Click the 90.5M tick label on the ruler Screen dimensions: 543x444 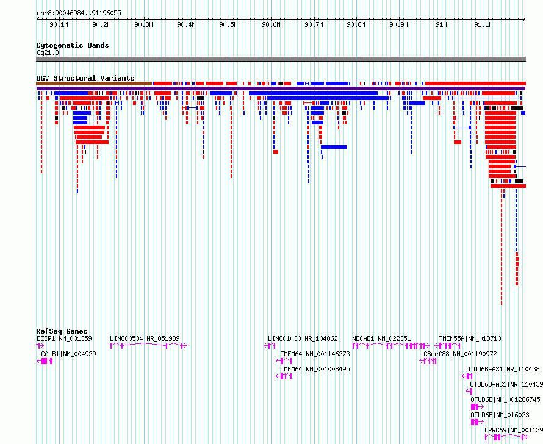pyautogui.click(x=229, y=24)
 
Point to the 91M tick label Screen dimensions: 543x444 pyautogui.click(x=441, y=24)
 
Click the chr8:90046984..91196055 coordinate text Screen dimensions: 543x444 pyautogui.click(x=79, y=13)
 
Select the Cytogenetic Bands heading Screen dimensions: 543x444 pyautogui.click(x=73, y=45)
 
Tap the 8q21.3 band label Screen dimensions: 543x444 pyautogui.click(x=48, y=52)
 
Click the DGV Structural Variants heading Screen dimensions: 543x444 pyautogui.click(x=85, y=78)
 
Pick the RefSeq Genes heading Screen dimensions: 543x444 pyautogui.click(x=62, y=331)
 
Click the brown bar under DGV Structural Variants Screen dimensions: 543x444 pyautogui.click(x=94, y=84)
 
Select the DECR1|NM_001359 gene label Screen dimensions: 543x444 pyautogui.click(x=65, y=338)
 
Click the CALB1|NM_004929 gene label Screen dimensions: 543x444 pyautogui.click(x=68, y=354)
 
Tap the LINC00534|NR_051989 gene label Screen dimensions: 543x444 pyautogui.click(x=145, y=338)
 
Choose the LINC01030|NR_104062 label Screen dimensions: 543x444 pyautogui.click(x=303, y=338)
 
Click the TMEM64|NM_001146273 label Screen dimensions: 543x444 pyautogui.click(x=315, y=354)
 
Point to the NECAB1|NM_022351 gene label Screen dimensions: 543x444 pyautogui.click(x=381, y=338)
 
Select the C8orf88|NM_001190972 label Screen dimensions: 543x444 pyautogui.click(x=460, y=354)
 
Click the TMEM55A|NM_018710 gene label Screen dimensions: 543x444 pyautogui.click(x=470, y=338)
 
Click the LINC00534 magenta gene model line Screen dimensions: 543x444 pyautogui.click(x=149, y=345)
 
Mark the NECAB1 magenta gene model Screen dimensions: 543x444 pyautogui.click(x=390, y=345)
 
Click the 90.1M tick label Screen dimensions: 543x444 pyautogui.click(x=59, y=24)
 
